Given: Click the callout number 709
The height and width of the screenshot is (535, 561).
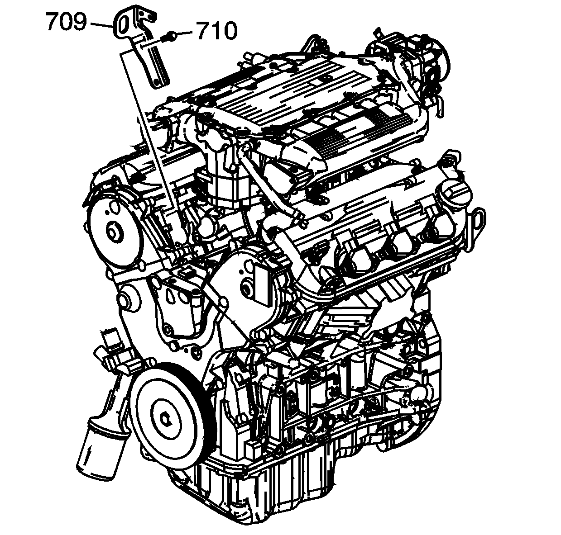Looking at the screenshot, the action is pyautogui.click(x=66, y=21).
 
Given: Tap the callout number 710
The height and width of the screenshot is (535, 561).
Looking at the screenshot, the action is pyautogui.click(x=217, y=30).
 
